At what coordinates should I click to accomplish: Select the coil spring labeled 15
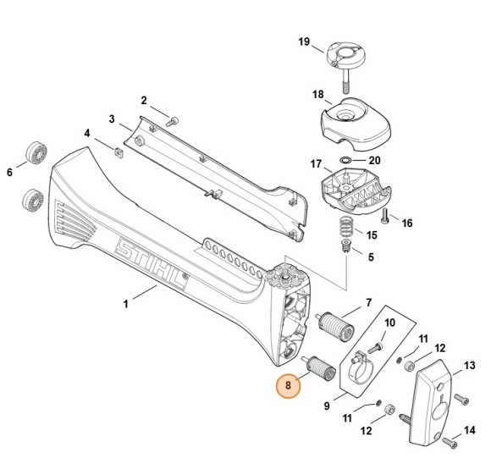click(345, 227)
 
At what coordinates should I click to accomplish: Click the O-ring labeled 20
click(347, 159)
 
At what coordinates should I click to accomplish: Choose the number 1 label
click(126, 301)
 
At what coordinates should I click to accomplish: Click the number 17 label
click(315, 163)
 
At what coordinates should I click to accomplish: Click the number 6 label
click(10, 173)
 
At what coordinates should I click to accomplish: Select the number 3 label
click(112, 119)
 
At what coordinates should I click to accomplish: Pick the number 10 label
click(390, 323)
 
